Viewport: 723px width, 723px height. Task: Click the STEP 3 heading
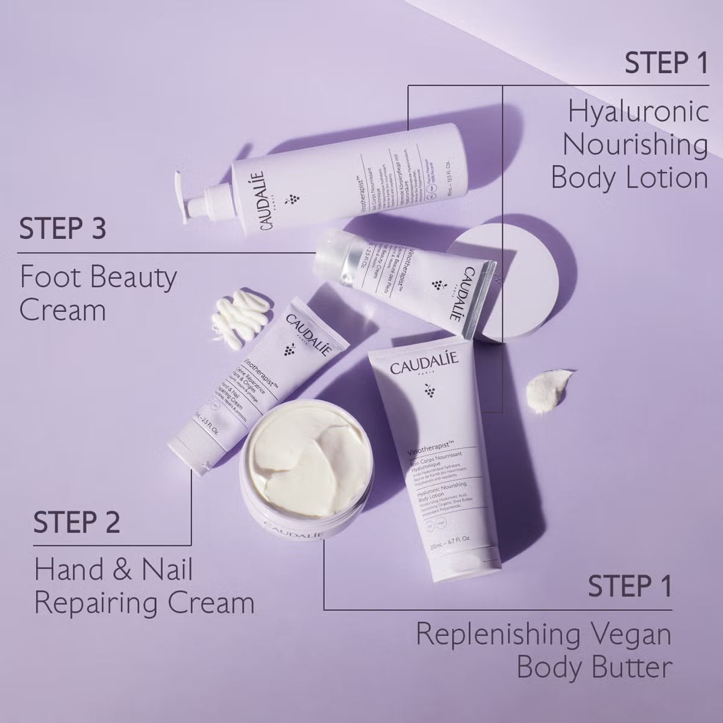coord(63,230)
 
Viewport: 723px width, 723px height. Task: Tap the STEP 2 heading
coord(77,522)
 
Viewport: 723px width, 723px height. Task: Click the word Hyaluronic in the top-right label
coord(639,113)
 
